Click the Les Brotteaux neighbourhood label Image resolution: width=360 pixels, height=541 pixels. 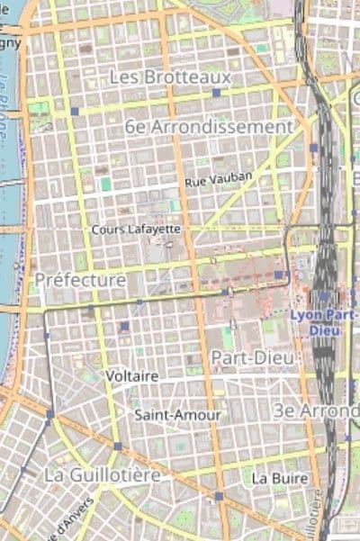coord(170,77)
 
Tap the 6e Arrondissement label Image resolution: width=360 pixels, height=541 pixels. coord(210,127)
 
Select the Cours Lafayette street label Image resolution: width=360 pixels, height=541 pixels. coord(136,230)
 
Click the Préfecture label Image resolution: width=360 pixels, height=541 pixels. coord(80,280)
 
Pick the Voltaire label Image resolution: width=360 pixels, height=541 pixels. coord(131,374)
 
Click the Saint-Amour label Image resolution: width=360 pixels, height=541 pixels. coord(165,415)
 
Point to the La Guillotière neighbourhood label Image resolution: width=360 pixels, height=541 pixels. coord(103,473)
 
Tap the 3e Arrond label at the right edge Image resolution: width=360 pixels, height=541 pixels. coord(316,410)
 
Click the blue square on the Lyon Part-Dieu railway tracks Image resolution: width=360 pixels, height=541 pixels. coord(324,294)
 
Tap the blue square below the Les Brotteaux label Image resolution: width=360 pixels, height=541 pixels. coord(216,93)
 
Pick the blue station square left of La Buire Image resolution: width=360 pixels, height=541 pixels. coord(218,495)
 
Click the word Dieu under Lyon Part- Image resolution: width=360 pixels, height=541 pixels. coord(324,329)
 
